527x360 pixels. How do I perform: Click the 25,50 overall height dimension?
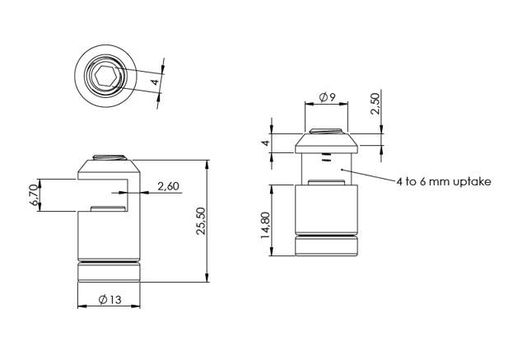pyautogui.click(x=199, y=221)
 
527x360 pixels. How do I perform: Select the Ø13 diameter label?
pyautogui.click(x=110, y=301)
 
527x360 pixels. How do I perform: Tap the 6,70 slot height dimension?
pyautogui.click(x=34, y=194)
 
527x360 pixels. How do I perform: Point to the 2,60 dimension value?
pyautogui.click(x=167, y=187)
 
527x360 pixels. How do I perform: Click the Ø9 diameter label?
pyautogui.click(x=326, y=98)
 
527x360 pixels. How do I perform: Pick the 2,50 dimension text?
pyautogui.click(x=375, y=105)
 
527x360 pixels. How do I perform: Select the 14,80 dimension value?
pyautogui.click(x=265, y=225)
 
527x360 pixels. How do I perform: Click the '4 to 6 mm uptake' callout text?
pyautogui.click(x=443, y=181)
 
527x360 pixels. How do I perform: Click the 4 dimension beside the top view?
pyautogui.click(x=154, y=81)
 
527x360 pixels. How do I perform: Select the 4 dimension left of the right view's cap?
pyautogui.click(x=265, y=143)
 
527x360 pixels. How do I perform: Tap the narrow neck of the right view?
pyautogui.click(x=327, y=169)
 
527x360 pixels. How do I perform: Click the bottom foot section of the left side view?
pyautogui.click(x=110, y=273)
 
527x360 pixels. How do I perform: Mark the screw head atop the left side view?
pyautogui.click(x=110, y=157)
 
